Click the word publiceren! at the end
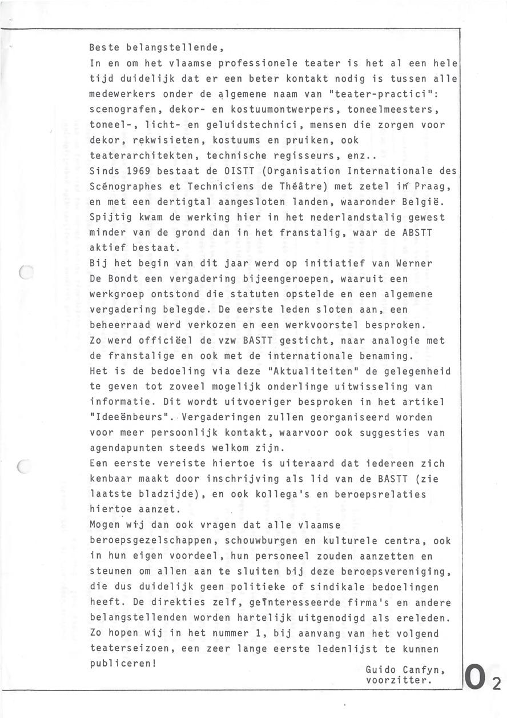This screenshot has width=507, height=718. (x=123, y=664)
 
